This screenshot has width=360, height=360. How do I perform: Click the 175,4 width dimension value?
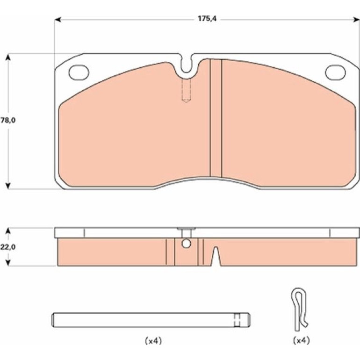(x=207, y=19)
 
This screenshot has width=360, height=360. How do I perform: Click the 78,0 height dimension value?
(x=8, y=120)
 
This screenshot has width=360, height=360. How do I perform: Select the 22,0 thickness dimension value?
(x=8, y=247)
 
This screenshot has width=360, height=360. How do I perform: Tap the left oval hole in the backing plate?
(x=79, y=72)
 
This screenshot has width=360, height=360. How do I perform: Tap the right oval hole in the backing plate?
(x=335, y=72)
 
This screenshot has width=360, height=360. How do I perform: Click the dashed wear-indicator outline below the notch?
(x=186, y=90)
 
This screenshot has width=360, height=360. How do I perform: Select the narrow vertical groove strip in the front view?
(x=216, y=118)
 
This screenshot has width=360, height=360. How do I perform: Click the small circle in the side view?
(x=186, y=244)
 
